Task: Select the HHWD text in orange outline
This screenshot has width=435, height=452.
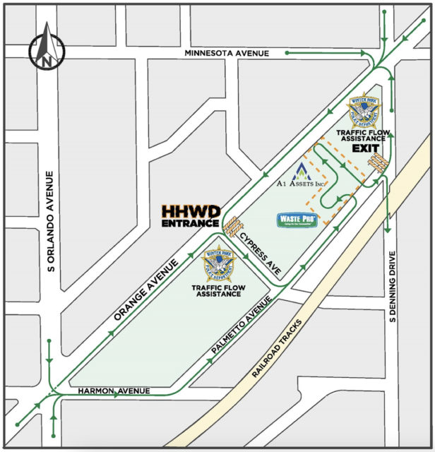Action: (x=191, y=211)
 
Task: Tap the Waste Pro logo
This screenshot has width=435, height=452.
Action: (x=297, y=220)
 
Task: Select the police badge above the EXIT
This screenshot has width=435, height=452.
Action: (x=367, y=109)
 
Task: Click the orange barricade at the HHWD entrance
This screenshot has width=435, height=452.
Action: (x=231, y=225)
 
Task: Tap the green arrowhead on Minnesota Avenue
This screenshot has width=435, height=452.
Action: (x=289, y=52)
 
